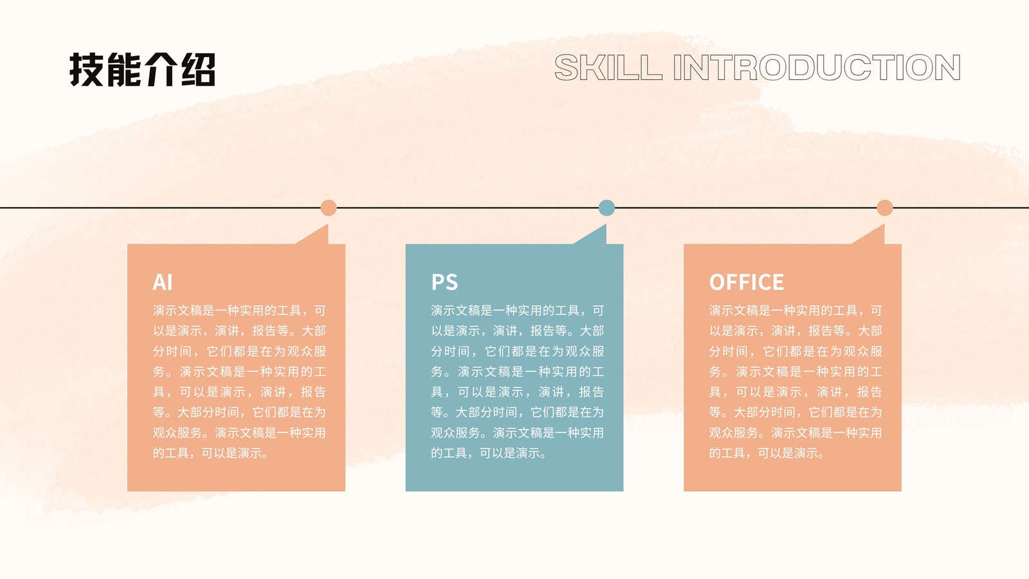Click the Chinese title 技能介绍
142,70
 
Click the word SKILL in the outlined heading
608,68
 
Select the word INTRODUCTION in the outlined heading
817,68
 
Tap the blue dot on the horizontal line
606,208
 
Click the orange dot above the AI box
329,208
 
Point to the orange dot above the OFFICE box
885,208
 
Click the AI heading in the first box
163,282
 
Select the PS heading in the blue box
444,282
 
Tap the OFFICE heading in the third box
747,282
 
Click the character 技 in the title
86,70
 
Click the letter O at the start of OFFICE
717,282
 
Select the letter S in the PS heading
451,282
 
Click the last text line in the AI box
211,453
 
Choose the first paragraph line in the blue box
517,311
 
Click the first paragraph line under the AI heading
239,311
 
